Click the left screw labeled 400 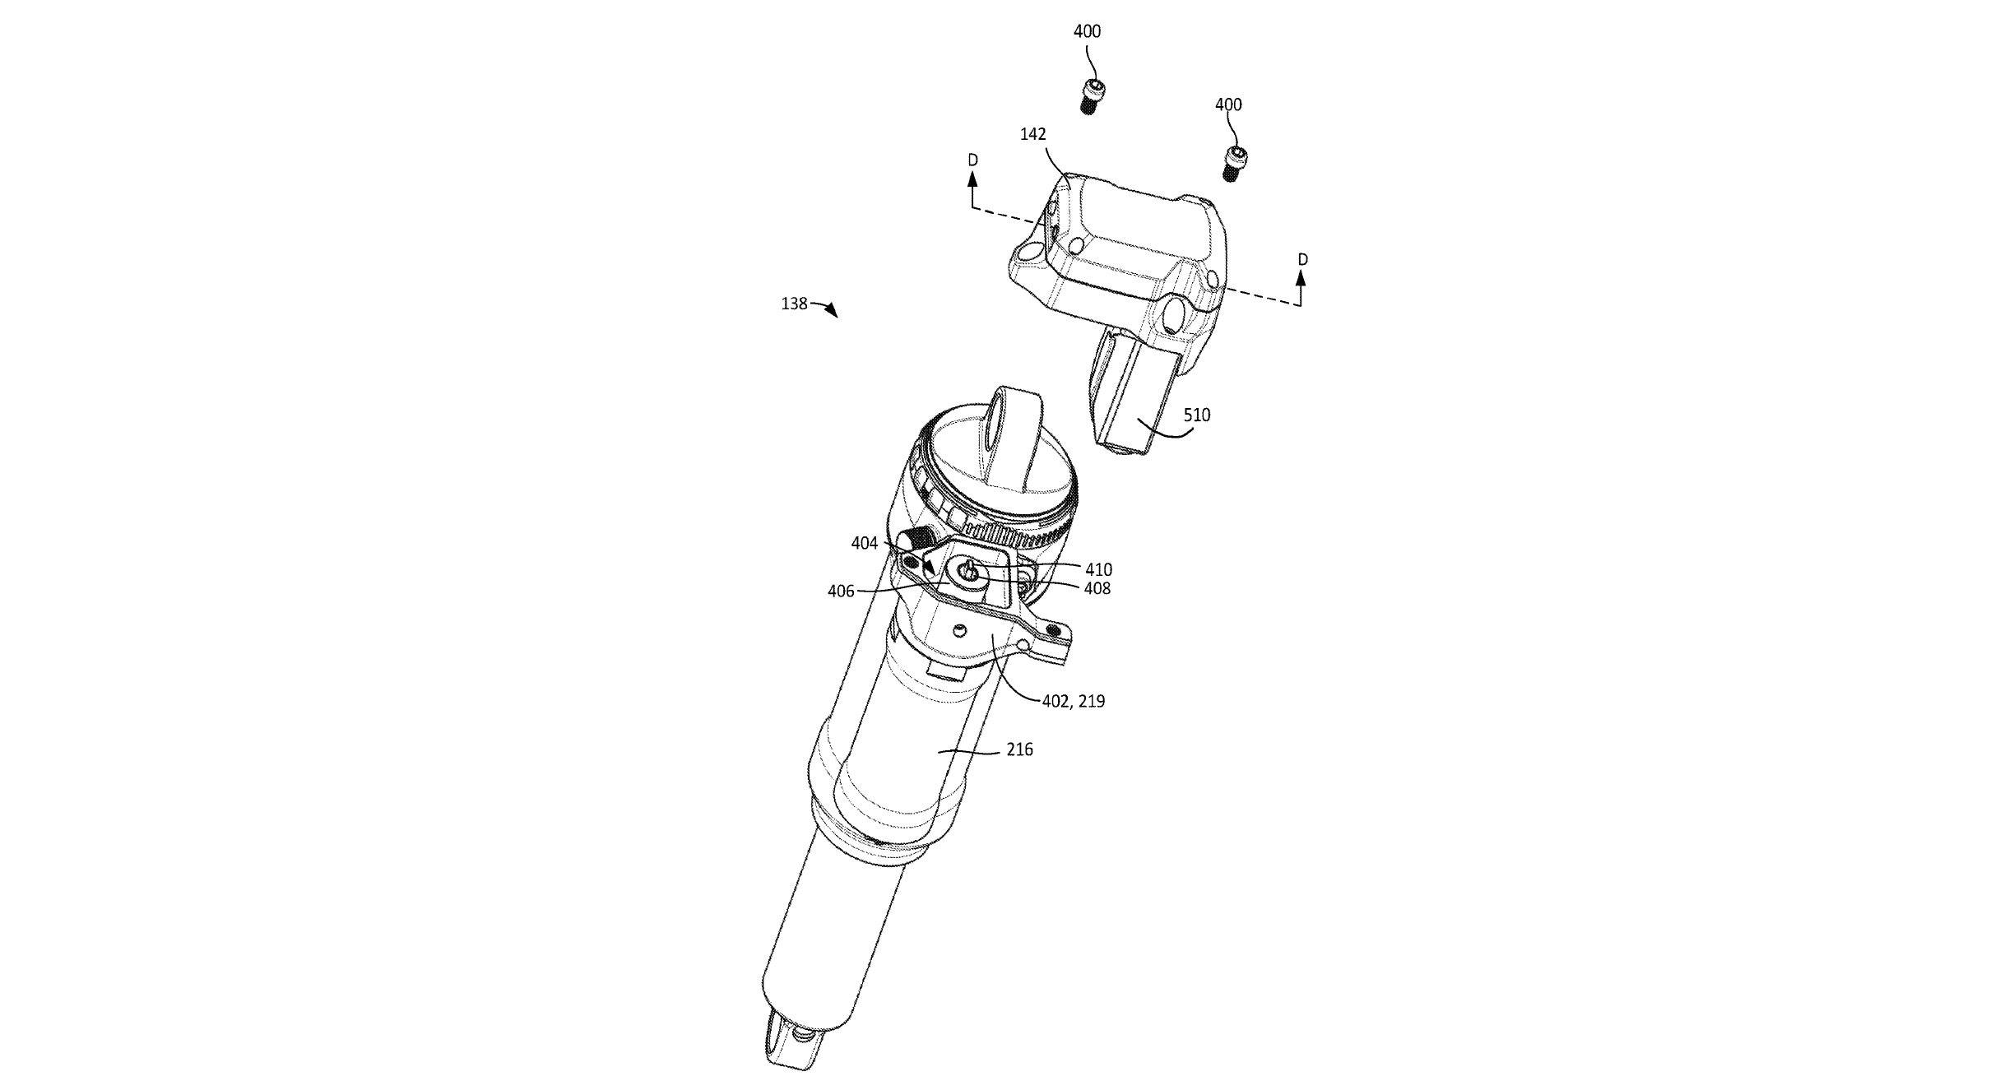[x=1088, y=97]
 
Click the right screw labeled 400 [x=1233, y=163]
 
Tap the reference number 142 [x=1032, y=134]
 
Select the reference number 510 [x=1197, y=415]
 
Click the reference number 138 [x=794, y=304]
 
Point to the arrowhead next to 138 [x=832, y=311]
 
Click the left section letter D [x=972, y=160]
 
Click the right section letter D [x=1302, y=260]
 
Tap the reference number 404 [x=865, y=544]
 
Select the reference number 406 [x=841, y=591]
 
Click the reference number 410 [x=1098, y=569]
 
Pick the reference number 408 [x=1097, y=588]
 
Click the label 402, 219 [x=1073, y=701]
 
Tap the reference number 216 [x=1018, y=749]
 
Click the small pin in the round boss [x=969, y=567]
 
